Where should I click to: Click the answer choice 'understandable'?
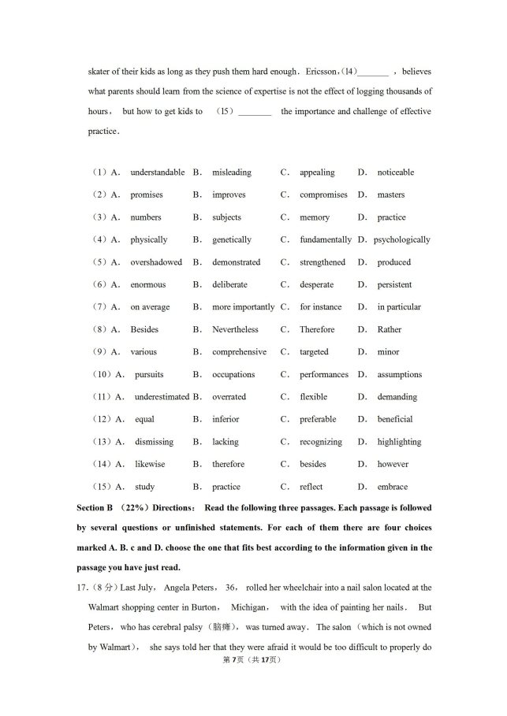coord(157,173)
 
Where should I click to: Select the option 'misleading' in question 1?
coord(231,173)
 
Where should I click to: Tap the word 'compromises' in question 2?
coord(323,195)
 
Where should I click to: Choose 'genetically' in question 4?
coord(231,239)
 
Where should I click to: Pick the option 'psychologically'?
coord(402,239)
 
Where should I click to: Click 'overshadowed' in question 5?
coord(156,262)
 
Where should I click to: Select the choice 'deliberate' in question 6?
coord(229,284)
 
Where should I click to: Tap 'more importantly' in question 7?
coord(243,307)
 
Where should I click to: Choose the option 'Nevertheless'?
coord(235,329)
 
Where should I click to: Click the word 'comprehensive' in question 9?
coord(239,352)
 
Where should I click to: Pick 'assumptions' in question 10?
coord(399,375)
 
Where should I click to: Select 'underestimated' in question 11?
coord(162,397)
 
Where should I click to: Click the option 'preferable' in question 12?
coord(318,419)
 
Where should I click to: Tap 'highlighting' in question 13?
coord(399,442)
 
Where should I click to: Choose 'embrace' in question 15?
coord(392,487)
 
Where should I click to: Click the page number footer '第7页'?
coord(234,659)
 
